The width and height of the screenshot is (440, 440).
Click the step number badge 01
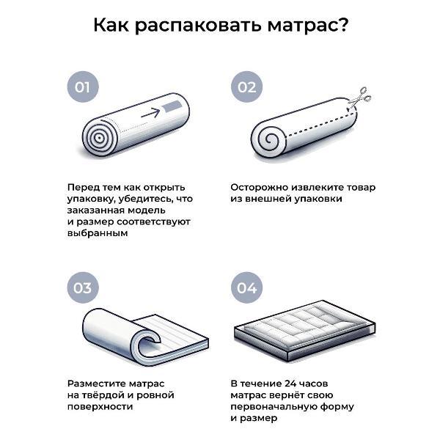coord(83,87)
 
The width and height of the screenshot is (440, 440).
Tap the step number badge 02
coord(246,87)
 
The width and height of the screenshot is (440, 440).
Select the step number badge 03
coord(83,287)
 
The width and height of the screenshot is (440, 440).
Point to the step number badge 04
coord(246,287)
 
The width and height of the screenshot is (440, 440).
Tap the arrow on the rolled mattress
coord(150,113)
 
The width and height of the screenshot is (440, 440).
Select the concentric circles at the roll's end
coord(99,138)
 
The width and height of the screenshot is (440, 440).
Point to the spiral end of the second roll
coord(269,139)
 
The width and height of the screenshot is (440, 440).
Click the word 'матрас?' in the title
coord(307,25)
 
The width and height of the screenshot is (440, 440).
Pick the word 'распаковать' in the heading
coord(199,26)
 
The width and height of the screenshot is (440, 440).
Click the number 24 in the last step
coord(290,384)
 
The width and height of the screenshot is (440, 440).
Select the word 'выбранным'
coord(98,233)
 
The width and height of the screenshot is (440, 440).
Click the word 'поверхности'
coord(100,406)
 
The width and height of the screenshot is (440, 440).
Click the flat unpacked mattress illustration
coord(305,329)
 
